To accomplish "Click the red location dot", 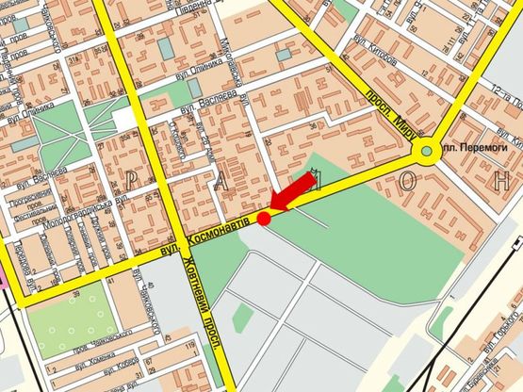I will (264, 219).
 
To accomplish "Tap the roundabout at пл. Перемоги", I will (429, 149).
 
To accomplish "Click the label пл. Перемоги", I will (477, 149).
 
